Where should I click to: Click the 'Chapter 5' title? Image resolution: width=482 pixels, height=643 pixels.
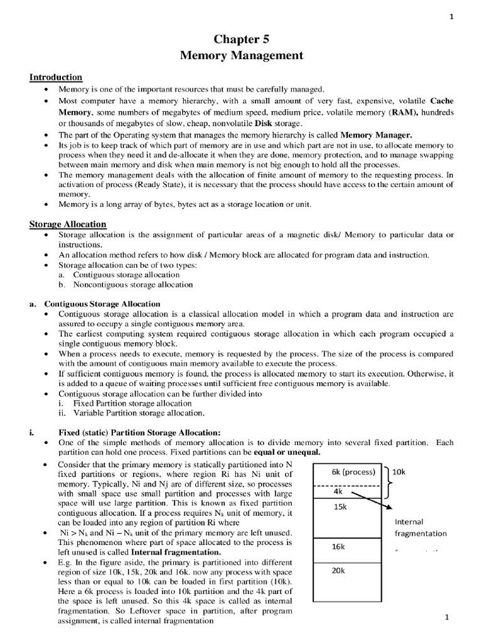pos(242,39)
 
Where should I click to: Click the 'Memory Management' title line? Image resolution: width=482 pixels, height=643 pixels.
pos(242,56)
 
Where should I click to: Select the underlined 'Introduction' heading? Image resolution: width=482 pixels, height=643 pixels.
pos(56,77)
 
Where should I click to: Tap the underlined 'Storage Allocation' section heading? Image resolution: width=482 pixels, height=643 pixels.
pos(68,224)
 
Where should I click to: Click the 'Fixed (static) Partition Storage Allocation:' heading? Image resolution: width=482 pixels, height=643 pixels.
pos(139,432)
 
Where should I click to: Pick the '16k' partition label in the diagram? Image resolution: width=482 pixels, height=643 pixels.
pos(338,546)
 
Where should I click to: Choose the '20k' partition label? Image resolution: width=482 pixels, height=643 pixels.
pos(338,571)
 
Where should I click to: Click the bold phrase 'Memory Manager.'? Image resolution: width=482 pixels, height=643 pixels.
pos(377,135)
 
